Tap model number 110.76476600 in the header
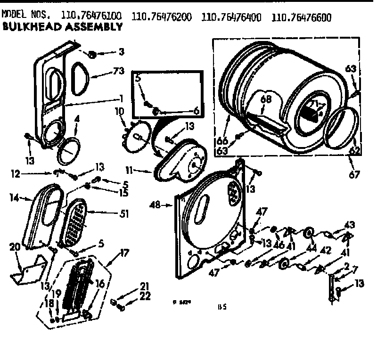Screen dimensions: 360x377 coord(302,18)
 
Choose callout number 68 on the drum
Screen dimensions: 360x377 coord(267,99)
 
